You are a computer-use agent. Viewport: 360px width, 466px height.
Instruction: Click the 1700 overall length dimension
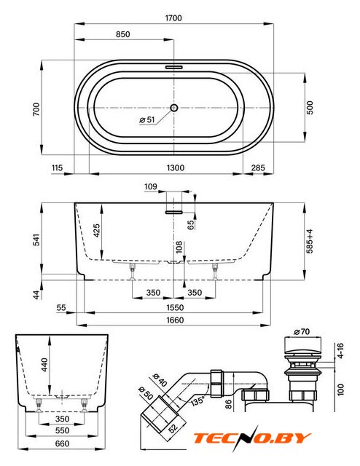pyautogui.click(x=173, y=18)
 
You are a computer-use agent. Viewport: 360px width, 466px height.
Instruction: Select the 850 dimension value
pyautogui.click(x=123, y=34)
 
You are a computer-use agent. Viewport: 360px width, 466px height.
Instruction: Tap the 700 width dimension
pyautogui.click(x=36, y=109)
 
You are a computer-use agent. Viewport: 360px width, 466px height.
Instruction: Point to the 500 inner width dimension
pyautogui.click(x=310, y=108)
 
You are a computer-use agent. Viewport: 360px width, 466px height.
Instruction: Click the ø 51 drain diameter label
pyautogui.click(x=147, y=119)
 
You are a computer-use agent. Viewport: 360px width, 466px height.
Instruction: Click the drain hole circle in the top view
pyautogui.click(x=174, y=108)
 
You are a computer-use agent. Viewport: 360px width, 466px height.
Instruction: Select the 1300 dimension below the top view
pyautogui.click(x=176, y=168)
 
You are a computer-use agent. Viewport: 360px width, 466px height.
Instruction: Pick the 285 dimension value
pyautogui.click(x=258, y=168)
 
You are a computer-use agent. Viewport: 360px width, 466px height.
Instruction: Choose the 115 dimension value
pyautogui.click(x=57, y=168)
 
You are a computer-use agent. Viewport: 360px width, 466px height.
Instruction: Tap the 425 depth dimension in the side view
pyautogui.click(x=97, y=231)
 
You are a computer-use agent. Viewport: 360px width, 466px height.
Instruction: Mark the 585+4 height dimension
pyautogui.click(x=310, y=241)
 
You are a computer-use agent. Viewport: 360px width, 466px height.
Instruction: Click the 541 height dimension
pyautogui.click(x=36, y=240)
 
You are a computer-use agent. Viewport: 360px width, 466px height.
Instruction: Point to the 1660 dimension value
pyautogui.click(x=175, y=320)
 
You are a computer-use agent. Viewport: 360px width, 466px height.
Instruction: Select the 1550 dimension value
pyautogui.click(x=175, y=307)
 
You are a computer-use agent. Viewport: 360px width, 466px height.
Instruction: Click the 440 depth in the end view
pyautogui.click(x=44, y=365)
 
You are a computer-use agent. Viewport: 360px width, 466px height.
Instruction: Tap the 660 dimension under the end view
pyautogui.click(x=62, y=443)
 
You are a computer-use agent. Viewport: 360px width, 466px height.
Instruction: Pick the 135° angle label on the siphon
pyautogui.click(x=197, y=401)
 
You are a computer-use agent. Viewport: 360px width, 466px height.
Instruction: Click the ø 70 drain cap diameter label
pyautogui.click(x=302, y=332)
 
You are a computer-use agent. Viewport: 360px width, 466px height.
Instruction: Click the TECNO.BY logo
pyautogui.click(x=252, y=438)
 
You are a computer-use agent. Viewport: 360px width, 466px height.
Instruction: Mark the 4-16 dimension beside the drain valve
pyautogui.click(x=341, y=350)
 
